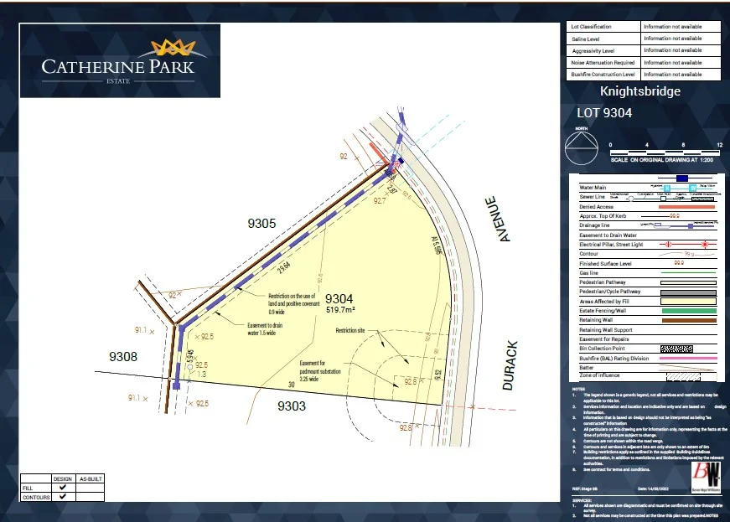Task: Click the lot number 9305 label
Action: pyautogui.click(x=262, y=224)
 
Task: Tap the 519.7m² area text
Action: pyautogui.click(x=340, y=310)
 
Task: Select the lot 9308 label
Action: pyautogui.click(x=124, y=357)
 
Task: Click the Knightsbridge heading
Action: pyautogui.click(x=640, y=91)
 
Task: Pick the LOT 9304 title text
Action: pyautogui.click(x=603, y=112)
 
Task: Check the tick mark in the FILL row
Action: pyautogui.click(x=63, y=487)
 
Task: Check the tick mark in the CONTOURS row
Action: pyautogui.click(x=63, y=497)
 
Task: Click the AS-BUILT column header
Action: pyautogui.click(x=90, y=478)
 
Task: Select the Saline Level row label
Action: pyautogui.click(x=586, y=39)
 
